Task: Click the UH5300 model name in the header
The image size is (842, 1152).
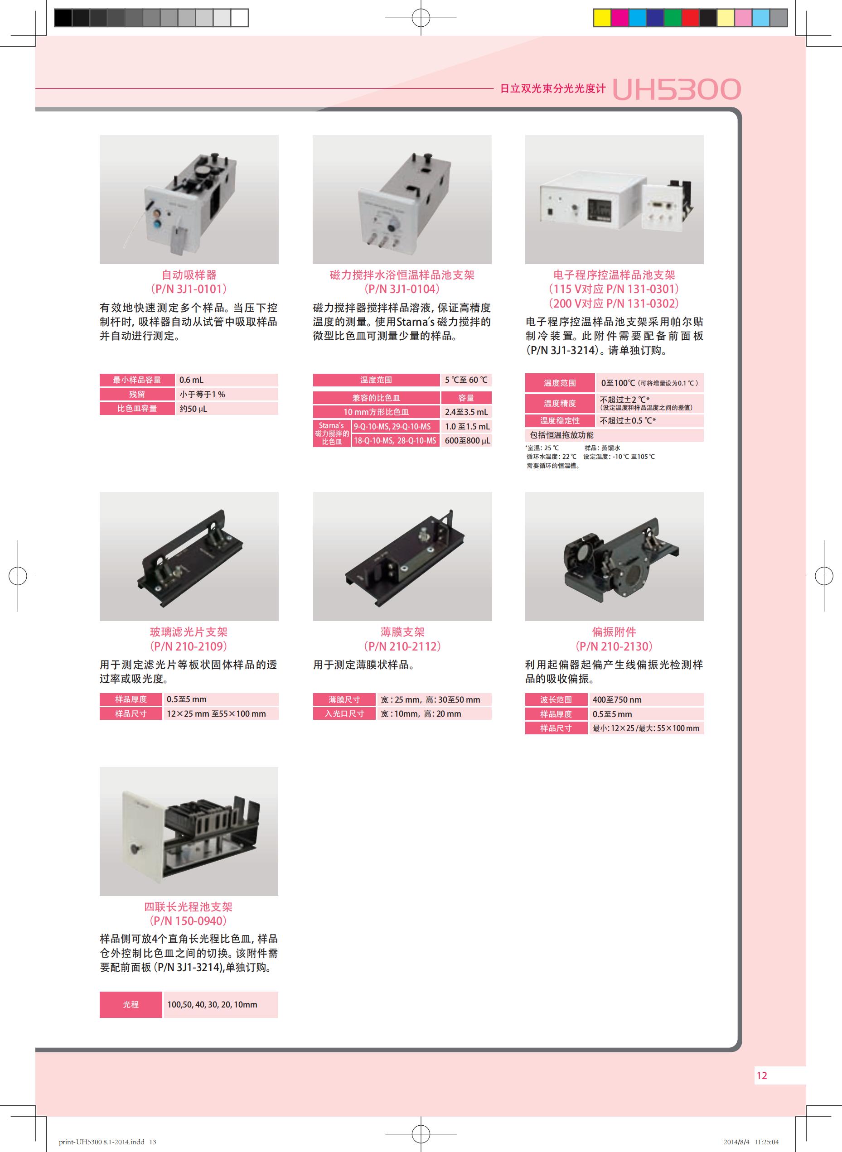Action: pos(676,89)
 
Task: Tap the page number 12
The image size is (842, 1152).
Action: pos(761,1075)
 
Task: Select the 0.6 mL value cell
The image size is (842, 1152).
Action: pos(226,380)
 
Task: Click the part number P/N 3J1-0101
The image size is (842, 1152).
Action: pos(189,289)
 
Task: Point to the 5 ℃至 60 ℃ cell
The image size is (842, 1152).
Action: pos(466,380)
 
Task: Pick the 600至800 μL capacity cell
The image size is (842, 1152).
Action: pos(466,441)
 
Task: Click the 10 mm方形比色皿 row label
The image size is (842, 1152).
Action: pos(376,412)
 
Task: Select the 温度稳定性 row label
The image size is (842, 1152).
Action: pos(560,421)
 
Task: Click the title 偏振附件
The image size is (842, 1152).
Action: pos(614,632)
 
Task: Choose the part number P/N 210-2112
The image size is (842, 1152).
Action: pos(402,646)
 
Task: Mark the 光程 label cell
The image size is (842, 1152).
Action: pos(131,1004)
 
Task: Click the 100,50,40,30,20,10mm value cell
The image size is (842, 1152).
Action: pos(221,1004)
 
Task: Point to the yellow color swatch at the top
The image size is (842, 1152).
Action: pos(602,18)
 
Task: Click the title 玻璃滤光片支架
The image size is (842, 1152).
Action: pos(189,632)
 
